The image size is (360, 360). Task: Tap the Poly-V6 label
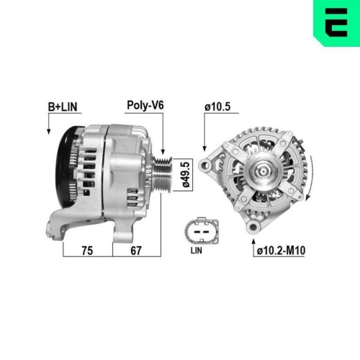pyautogui.click(x=145, y=106)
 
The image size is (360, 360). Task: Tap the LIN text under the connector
pyautogui.click(x=196, y=251)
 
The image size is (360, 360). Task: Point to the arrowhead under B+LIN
pyautogui.click(x=50, y=131)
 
